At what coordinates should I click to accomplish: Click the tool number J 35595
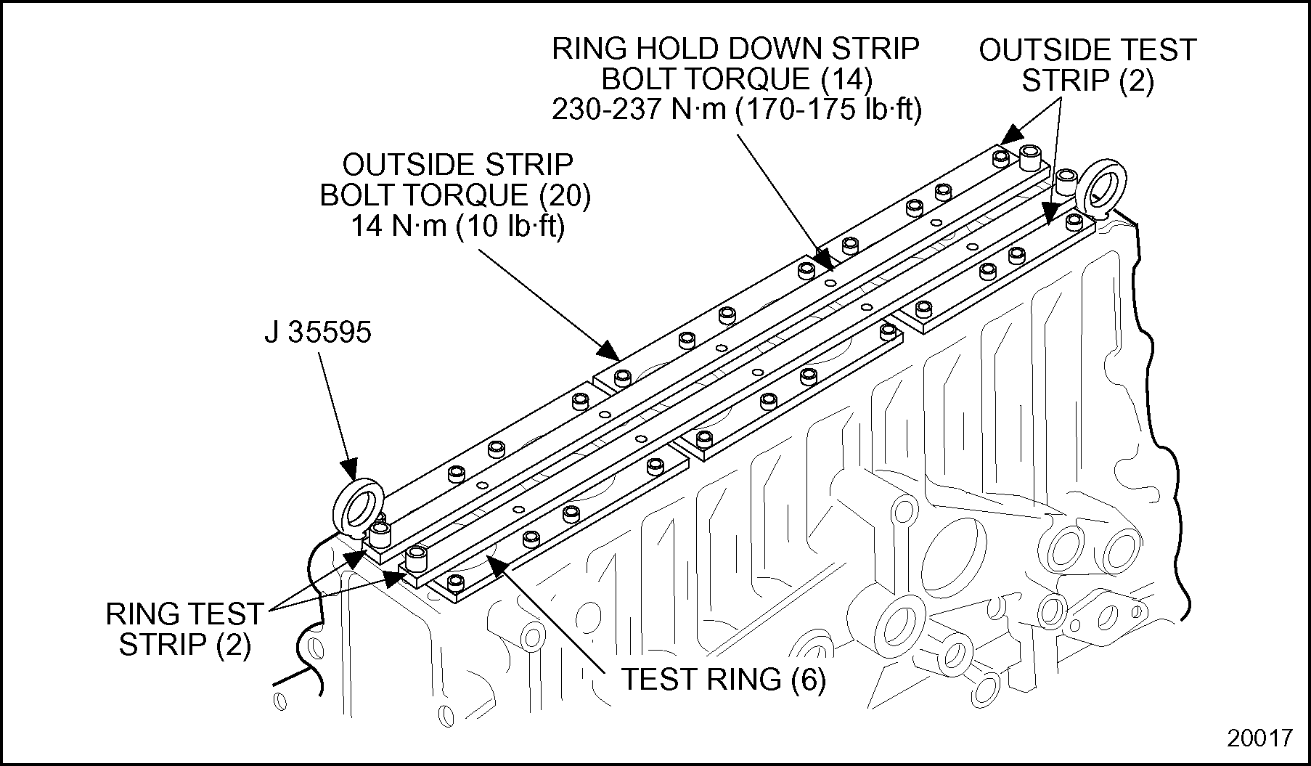click(317, 333)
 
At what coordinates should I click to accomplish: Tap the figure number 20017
click(1259, 738)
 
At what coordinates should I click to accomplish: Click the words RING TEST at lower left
click(184, 614)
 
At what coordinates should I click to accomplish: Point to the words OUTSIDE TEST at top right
click(1087, 50)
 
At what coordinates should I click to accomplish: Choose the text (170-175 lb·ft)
click(828, 110)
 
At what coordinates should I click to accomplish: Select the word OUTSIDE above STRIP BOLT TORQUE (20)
click(457, 165)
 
